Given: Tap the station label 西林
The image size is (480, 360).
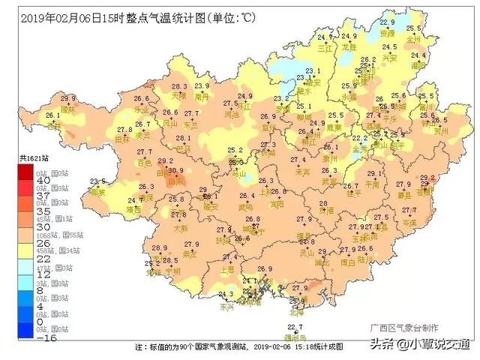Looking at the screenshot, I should click(x=53, y=126).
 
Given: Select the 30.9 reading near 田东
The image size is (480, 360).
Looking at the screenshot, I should click(x=175, y=172).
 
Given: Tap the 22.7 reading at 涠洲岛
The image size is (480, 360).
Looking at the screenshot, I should click(x=295, y=328).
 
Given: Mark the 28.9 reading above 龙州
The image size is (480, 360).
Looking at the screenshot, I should click(x=159, y=248).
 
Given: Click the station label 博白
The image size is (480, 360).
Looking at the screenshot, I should click(x=347, y=263).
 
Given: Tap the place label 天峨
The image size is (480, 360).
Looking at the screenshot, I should click(x=178, y=97).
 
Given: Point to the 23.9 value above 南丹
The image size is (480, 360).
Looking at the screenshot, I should click(x=202, y=87).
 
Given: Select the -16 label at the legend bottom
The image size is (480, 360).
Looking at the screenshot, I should click(x=43, y=337).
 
